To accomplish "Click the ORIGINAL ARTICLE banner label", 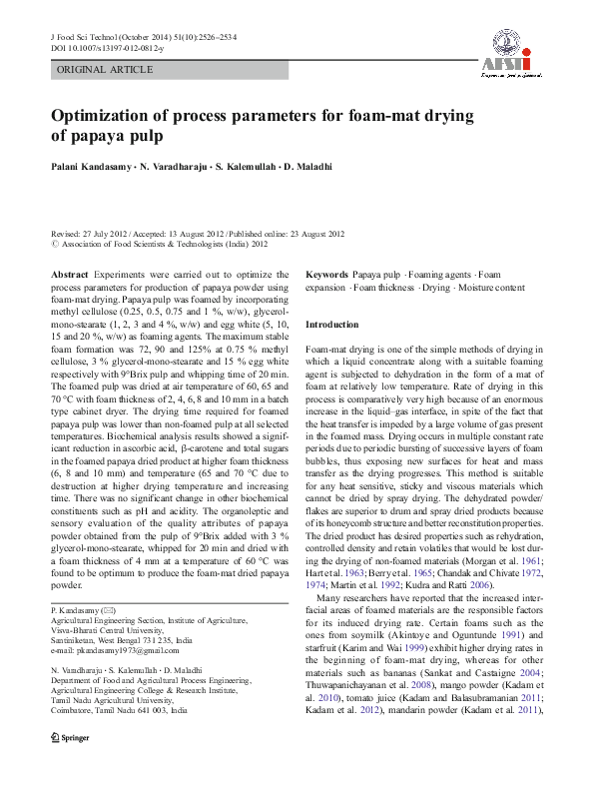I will coord(105,70).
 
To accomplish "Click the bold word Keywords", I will coord(326,274).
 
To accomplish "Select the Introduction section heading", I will coord(331,325).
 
